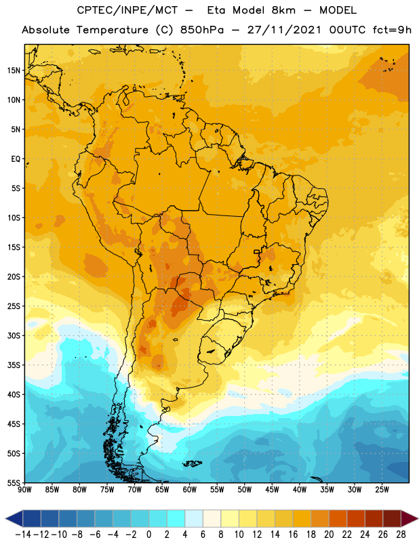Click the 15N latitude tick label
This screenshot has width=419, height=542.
tap(14, 70)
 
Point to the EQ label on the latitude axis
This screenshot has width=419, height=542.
tap(16, 159)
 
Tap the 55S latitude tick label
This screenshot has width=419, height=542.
tap(14, 482)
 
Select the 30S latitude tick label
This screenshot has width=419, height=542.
tap(14, 335)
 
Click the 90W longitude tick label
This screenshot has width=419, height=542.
tap(24, 490)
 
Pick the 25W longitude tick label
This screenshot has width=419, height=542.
tap(382, 490)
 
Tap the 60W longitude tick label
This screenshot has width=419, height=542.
tap(190, 490)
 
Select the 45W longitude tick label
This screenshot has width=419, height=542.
tap(272, 490)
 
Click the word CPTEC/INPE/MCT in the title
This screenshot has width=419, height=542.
tap(127, 10)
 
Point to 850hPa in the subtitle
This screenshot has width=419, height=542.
tap(202, 30)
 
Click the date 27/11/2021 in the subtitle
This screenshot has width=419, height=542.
tap(284, 30)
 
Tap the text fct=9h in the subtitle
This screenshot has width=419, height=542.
tap(392, 30)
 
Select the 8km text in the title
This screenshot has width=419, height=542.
tap(283, 10)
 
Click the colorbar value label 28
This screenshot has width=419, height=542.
tap(401, 535)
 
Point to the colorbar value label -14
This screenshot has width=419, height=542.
tap(23, 535)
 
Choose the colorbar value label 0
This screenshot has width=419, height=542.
tap(148, 535)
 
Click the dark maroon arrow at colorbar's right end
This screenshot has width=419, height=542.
tap(410, 518)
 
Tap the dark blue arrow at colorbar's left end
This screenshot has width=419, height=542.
tap(14, 518)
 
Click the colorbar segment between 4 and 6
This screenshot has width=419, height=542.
tap(194, 518)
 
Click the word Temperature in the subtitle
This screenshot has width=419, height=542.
tap(112, 30)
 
